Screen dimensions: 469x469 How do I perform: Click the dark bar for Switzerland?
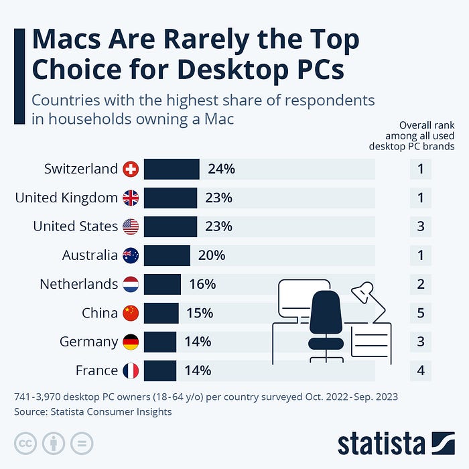coord(172,170)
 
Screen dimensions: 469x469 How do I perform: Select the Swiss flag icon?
coord(131,170)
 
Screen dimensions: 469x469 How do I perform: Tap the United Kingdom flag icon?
coord(131,198)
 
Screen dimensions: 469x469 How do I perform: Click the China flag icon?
coord(131,313)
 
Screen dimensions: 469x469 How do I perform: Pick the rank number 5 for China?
coord(421,313)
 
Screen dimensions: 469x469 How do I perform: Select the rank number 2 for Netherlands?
coord(421,284)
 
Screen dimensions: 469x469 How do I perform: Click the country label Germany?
coord(88,342)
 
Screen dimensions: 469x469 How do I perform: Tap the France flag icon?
coord(131,371)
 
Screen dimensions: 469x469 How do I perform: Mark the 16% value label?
coord(202,284)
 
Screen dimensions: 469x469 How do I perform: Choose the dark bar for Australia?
coord(167,255)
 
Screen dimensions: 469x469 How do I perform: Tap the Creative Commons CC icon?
coord(25,443)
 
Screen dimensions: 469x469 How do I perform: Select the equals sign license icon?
coord(81,443)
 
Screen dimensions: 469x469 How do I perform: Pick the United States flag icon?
coord(131,227)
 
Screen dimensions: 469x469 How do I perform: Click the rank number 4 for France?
coord(421,371)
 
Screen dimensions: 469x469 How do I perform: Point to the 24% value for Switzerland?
coord(221,170)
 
